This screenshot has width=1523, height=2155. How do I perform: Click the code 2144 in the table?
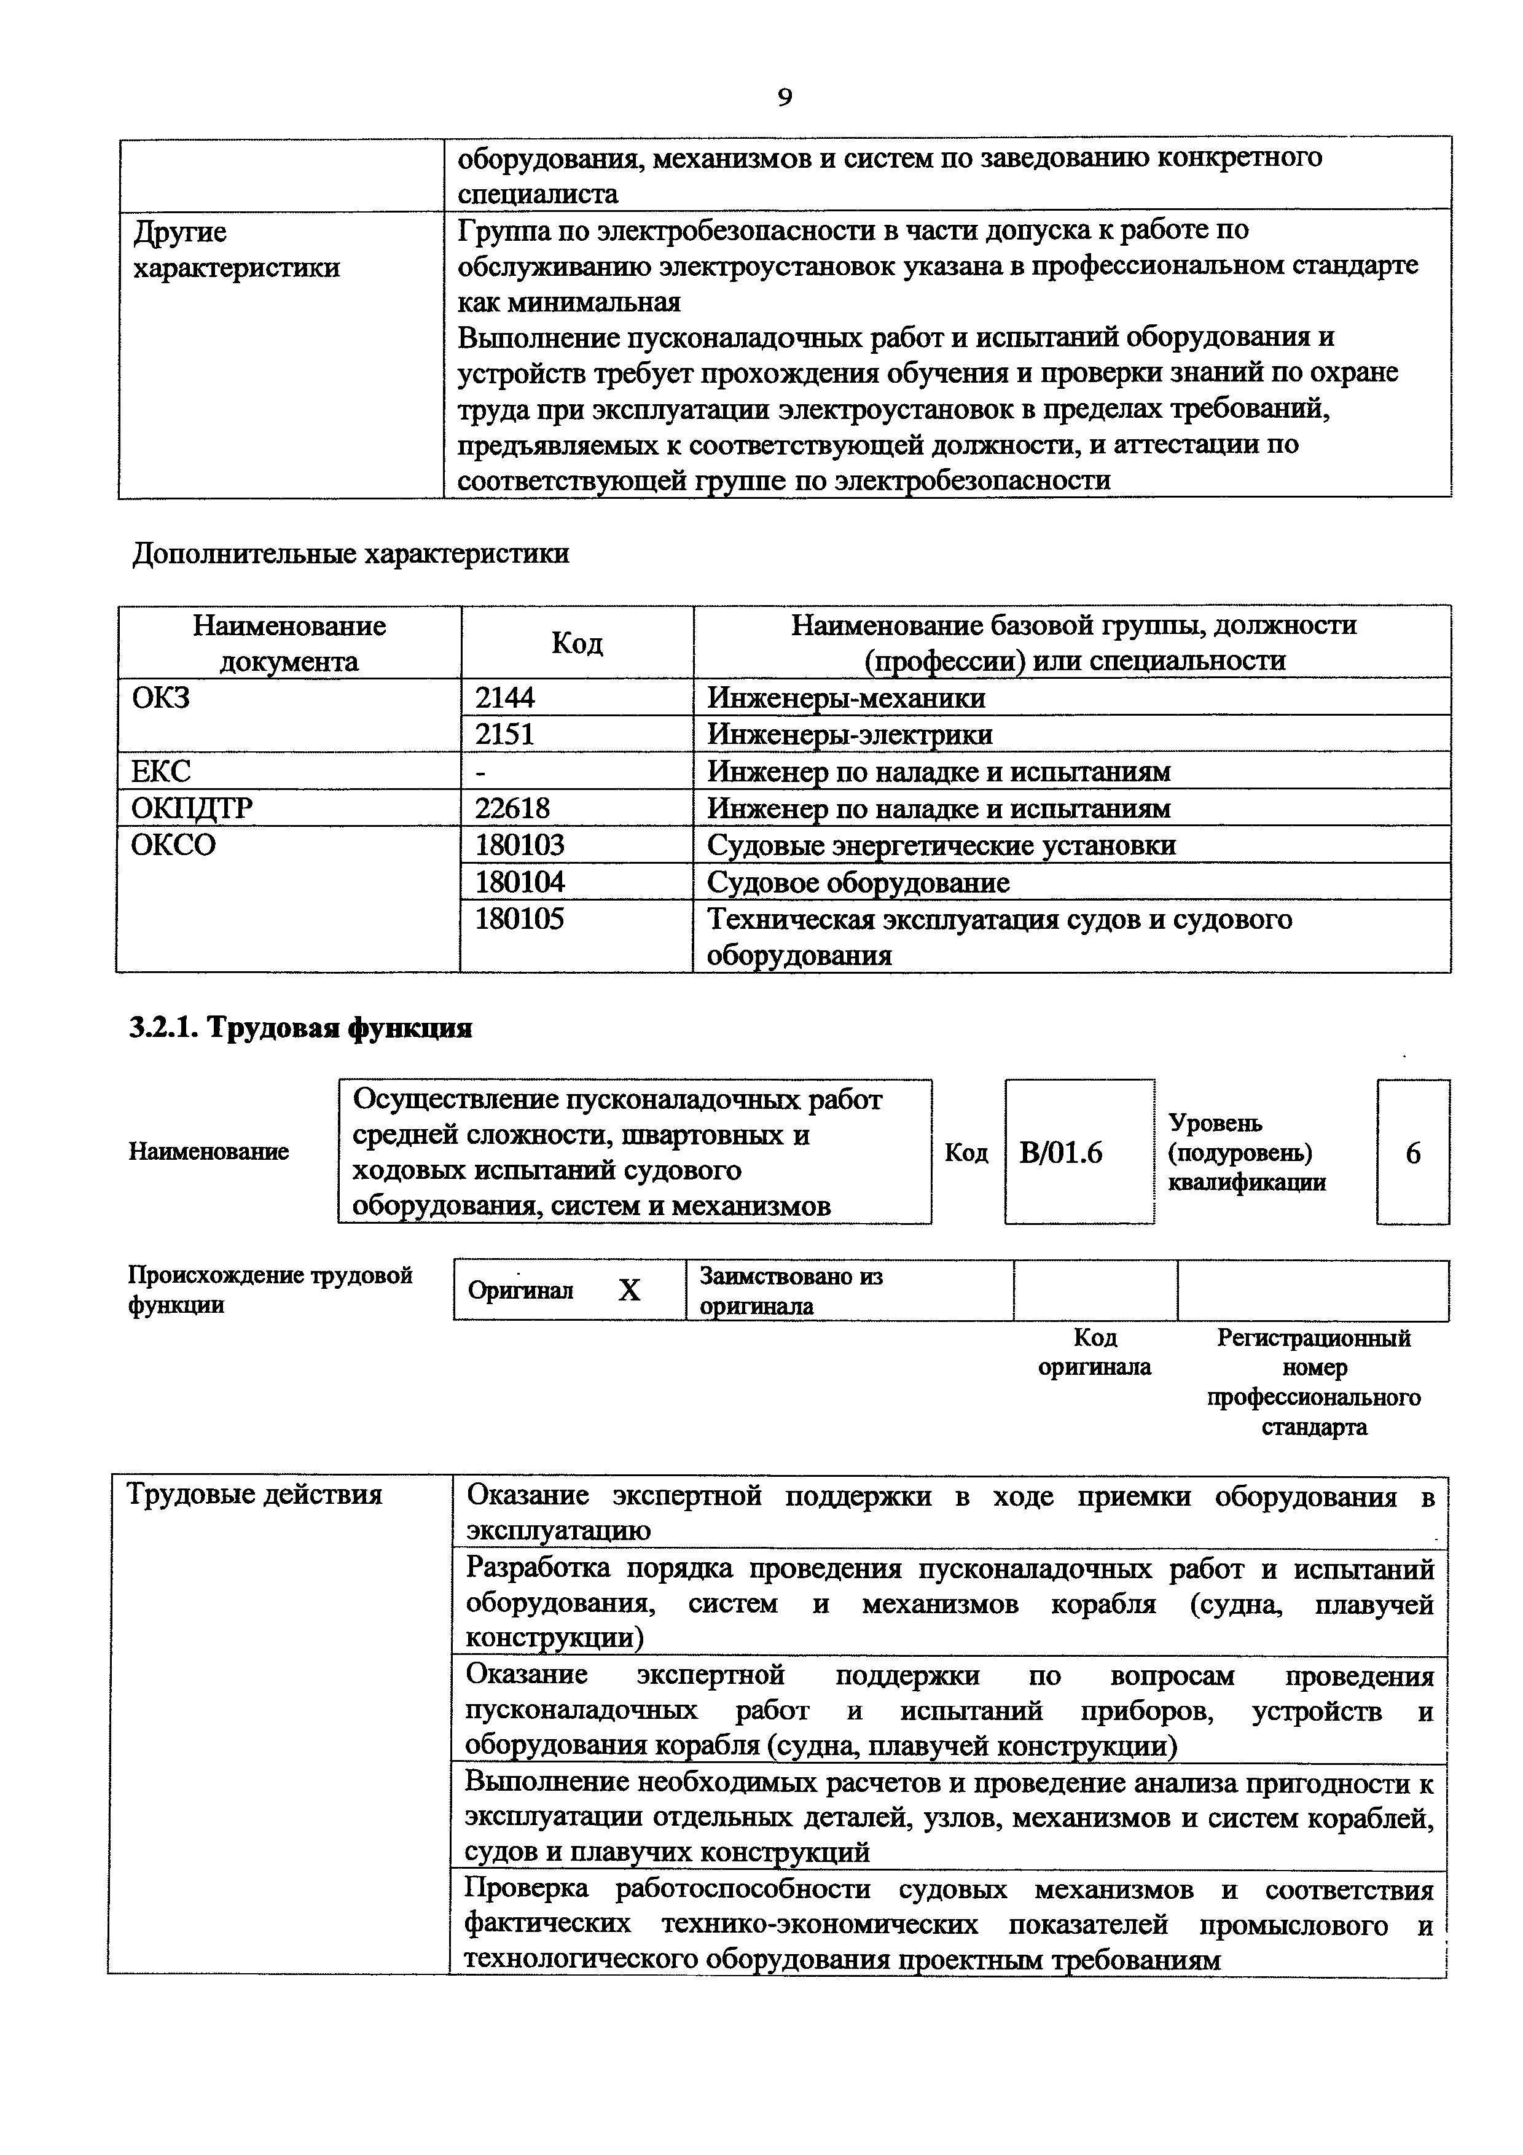coord(505,697)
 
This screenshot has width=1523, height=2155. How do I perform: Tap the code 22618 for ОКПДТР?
coord(512,808)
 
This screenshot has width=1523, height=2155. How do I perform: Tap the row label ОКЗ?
coord(160,697)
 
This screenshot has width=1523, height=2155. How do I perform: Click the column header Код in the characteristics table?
coord(576,643)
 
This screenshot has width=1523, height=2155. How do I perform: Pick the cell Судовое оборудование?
coord(858,882)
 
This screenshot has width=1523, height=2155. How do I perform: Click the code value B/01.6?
coord(1060,1152)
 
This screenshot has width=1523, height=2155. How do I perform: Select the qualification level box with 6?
coord(1412,1152)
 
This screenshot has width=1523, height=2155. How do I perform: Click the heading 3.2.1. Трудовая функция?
coord(300,1029)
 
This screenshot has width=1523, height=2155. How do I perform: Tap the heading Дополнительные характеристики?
coord(350,553)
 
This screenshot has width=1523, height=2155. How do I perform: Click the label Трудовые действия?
coord(254,1494)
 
